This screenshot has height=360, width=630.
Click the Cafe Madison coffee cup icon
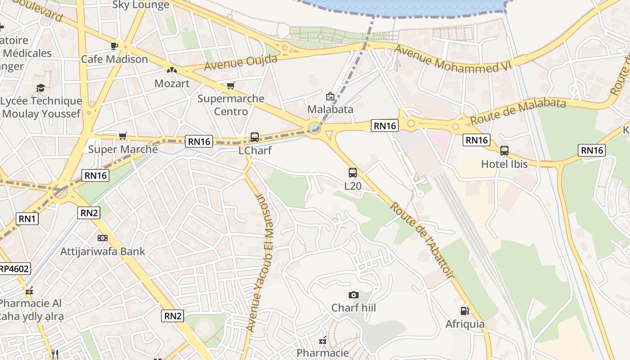[114, 46]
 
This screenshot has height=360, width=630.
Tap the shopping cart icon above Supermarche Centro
[231, 85]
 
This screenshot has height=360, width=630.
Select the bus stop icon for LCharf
[255, 137]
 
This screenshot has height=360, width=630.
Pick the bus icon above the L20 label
[353, 172]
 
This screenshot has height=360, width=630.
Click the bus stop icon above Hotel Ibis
[504, 151]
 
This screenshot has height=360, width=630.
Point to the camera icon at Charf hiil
[354, 295]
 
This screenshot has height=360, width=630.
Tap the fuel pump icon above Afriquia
[464, 311]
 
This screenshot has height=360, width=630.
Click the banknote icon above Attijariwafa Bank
[103, 238]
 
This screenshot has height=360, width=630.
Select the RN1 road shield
[27, 219]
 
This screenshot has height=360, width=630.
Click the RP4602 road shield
[13, 269]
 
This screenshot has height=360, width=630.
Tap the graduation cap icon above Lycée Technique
[41, 88]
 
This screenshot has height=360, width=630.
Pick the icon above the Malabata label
[330, 96]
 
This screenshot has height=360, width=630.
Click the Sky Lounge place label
[141, 5]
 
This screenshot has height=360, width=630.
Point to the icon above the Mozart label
[171, 70]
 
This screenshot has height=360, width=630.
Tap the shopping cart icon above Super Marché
[122, 136]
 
